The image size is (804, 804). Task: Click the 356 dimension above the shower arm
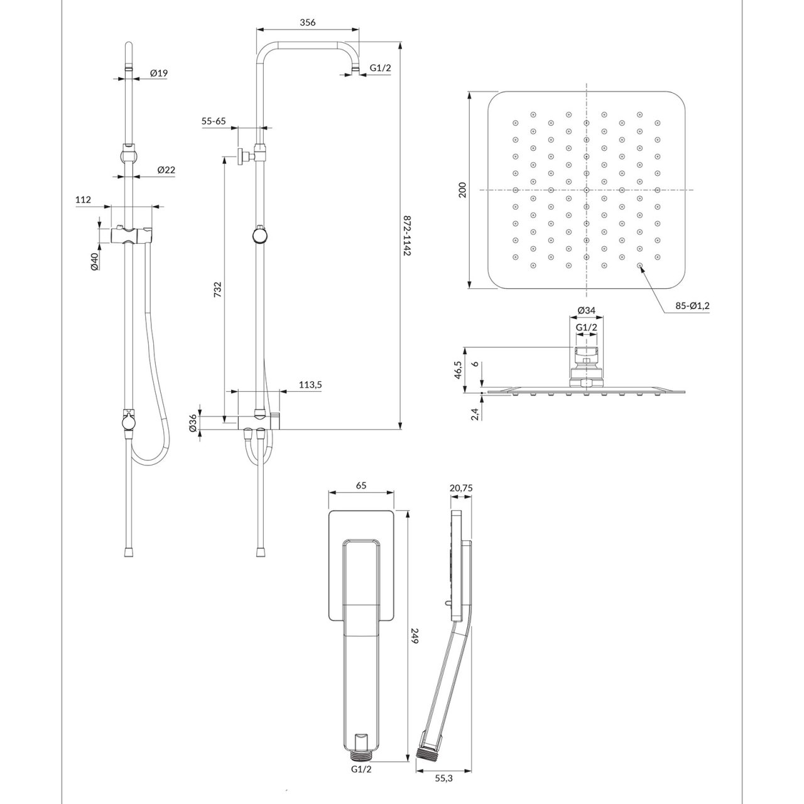pos(307,22)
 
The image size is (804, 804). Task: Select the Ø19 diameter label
pos(159,73)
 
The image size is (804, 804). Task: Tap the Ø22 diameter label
pos(166,170)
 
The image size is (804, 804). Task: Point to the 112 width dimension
pos(84,200)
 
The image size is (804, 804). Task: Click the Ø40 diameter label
pos(94,261)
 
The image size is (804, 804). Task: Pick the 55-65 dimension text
pos(214,121)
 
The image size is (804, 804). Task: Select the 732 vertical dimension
pos(217,289)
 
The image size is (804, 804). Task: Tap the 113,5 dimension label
pos(307,384)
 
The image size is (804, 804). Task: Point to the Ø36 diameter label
pos(194,423)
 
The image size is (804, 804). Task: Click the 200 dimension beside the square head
pos(462,190)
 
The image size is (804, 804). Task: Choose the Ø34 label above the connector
pos(586,310)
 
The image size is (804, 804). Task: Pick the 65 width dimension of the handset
pos(361,485)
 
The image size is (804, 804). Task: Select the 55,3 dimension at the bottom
pos(443,777)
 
